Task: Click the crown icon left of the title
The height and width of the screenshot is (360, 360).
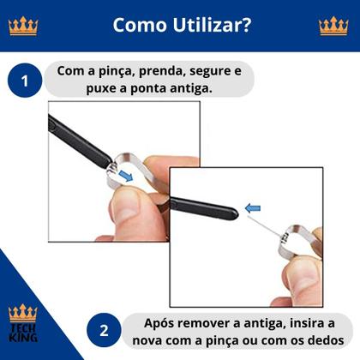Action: (x=23, y=26)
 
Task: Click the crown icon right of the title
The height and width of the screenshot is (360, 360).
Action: (x=333, y=26)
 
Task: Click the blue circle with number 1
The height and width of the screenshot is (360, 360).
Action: (x=25, y=81)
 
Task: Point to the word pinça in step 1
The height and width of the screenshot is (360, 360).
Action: (x=111, y=70)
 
